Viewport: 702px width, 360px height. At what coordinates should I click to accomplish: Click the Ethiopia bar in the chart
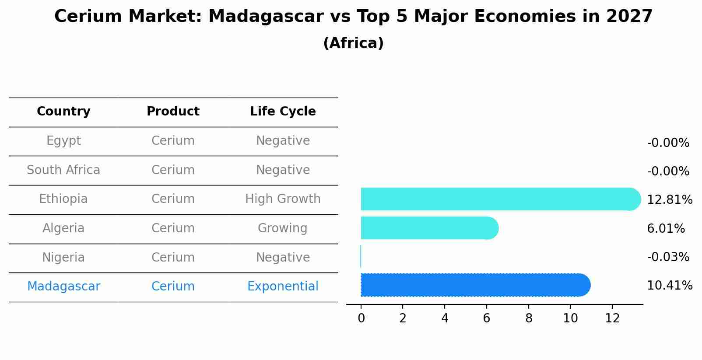point(499,199)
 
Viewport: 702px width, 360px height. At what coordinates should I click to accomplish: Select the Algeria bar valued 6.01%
point(429,228)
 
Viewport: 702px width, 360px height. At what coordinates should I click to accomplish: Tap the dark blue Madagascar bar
point(475,285)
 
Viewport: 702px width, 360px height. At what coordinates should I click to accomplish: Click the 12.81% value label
point(669,200)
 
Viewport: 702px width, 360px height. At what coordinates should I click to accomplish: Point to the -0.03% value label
point(668,257)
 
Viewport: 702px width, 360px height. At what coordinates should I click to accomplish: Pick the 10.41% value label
point(669,286)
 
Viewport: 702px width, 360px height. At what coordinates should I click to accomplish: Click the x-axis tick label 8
point(529,318)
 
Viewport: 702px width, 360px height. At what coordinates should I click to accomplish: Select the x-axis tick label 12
point(612,318)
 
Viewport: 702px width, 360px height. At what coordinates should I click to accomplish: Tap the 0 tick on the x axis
point(361,318)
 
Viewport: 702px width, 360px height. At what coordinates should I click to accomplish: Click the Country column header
point(63,112)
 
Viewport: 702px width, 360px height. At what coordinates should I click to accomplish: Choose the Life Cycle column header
point(283,112)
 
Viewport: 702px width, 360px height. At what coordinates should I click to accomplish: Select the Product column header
point(173,112)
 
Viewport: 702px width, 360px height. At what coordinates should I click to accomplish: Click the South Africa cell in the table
point(63,170)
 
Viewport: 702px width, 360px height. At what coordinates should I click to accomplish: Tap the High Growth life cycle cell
point(283,199)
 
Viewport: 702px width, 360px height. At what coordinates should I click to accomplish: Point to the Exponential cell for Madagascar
point(283,287)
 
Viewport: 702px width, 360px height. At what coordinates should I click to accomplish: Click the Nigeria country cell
point(63,257)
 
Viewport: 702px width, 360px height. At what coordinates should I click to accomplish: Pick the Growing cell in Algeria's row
point(283,228)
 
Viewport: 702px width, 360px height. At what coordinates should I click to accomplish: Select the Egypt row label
point(63,141)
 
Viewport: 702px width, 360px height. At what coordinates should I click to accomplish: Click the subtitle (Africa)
point(353,43)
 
